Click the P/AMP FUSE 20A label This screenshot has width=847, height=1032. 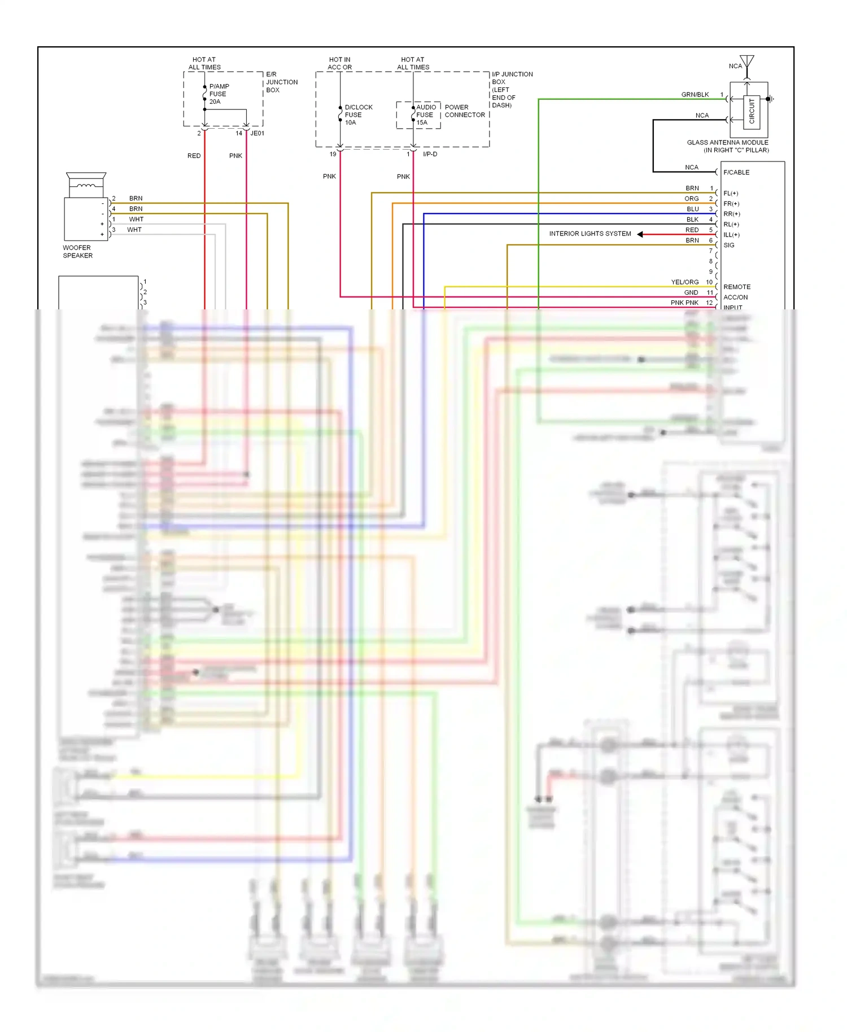pos(219,94)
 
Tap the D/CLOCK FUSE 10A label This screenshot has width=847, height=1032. pos(358,115)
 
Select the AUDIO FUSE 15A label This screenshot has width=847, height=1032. pos(426,115)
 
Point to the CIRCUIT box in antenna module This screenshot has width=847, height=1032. pos(752,111)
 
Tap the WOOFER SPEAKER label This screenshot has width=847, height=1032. pos(77,252)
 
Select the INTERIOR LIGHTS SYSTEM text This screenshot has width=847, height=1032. pos(590,234)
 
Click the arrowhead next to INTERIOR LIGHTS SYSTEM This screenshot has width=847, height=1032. pos(640,234)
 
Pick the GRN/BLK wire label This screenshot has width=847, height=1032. pos(695,95)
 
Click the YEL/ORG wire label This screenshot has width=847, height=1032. pos(685,282)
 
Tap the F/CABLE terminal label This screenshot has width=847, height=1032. pos(736,173)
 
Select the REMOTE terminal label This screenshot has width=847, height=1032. pos(737,287)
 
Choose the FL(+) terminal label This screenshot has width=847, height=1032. pos(731,194)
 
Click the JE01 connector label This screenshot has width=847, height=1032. pos(257,134)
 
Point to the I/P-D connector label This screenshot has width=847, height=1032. pos(430,154)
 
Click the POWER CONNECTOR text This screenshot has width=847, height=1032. pos(465,111)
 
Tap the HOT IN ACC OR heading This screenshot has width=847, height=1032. pos(340,63)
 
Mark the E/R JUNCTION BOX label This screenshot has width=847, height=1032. pos(282,82)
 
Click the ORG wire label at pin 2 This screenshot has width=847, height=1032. pos(692,199)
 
